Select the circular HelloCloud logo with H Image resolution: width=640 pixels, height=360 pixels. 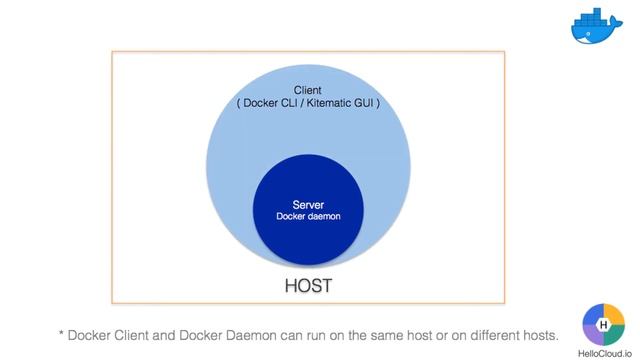[x=604, y=323]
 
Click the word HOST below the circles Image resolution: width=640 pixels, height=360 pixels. [x=307, y=286]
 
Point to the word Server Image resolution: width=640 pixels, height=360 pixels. [x=308, y=205]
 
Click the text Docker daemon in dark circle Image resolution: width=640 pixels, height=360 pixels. [x=308, y=217]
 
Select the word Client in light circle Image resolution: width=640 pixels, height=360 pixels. [x=307, y=90]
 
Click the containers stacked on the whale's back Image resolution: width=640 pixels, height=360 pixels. [x=596, y=18]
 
